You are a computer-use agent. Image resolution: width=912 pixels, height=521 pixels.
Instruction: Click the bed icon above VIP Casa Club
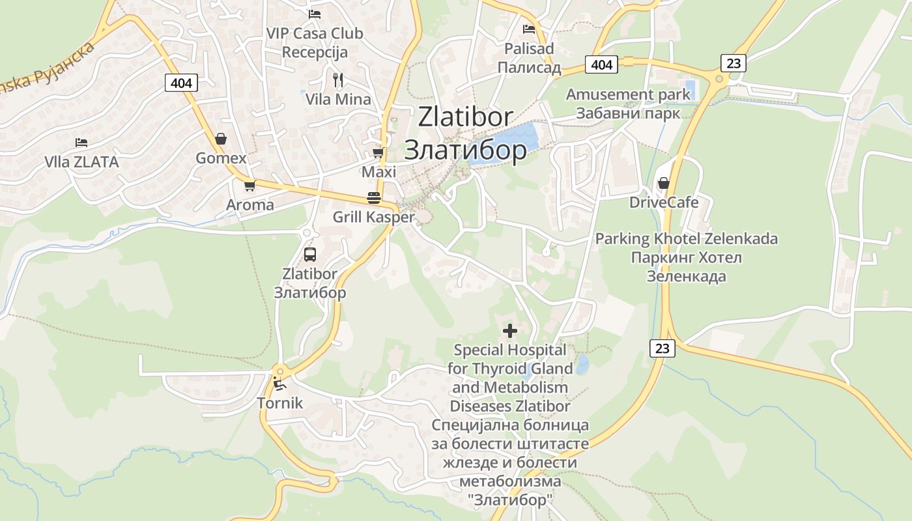coord(315,13)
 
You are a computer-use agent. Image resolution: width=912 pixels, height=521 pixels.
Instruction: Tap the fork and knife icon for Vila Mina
coord(337,80)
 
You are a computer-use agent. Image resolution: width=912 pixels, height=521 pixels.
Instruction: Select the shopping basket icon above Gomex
coord(221,139)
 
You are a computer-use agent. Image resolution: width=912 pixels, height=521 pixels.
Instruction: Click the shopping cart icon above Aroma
coord(249,186)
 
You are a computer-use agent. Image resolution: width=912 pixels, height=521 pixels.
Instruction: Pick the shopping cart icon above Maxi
coord(378,153)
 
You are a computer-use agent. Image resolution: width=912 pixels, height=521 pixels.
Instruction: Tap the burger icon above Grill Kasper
coord(373,198)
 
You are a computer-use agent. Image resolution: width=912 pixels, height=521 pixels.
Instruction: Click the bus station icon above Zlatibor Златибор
coord(310,255)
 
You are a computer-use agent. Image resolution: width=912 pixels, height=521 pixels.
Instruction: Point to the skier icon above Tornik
coord(279,384)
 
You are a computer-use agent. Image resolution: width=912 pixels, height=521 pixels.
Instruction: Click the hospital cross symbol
coord(510,331)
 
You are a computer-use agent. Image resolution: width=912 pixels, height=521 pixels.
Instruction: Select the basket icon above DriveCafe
coord(663,183)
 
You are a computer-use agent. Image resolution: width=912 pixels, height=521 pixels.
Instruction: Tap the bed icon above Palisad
coord(529,29)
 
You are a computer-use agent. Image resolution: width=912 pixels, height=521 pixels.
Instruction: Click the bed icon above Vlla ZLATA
coord(81,143)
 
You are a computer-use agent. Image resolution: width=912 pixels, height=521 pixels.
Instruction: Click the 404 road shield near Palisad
coord(601,64)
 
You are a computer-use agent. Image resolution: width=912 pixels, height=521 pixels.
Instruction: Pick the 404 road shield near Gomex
coord(181,83)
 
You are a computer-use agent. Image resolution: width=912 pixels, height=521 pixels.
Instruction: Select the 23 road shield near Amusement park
coord(734,63)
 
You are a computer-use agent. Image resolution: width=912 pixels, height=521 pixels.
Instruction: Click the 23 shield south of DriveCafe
coord(663,348)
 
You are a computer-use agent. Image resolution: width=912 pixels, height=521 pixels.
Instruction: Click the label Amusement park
coord(627,94)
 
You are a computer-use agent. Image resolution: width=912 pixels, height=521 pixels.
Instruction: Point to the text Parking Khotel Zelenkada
coord(686,239)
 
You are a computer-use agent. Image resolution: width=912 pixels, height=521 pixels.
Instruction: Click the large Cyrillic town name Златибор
coord(465,150)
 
